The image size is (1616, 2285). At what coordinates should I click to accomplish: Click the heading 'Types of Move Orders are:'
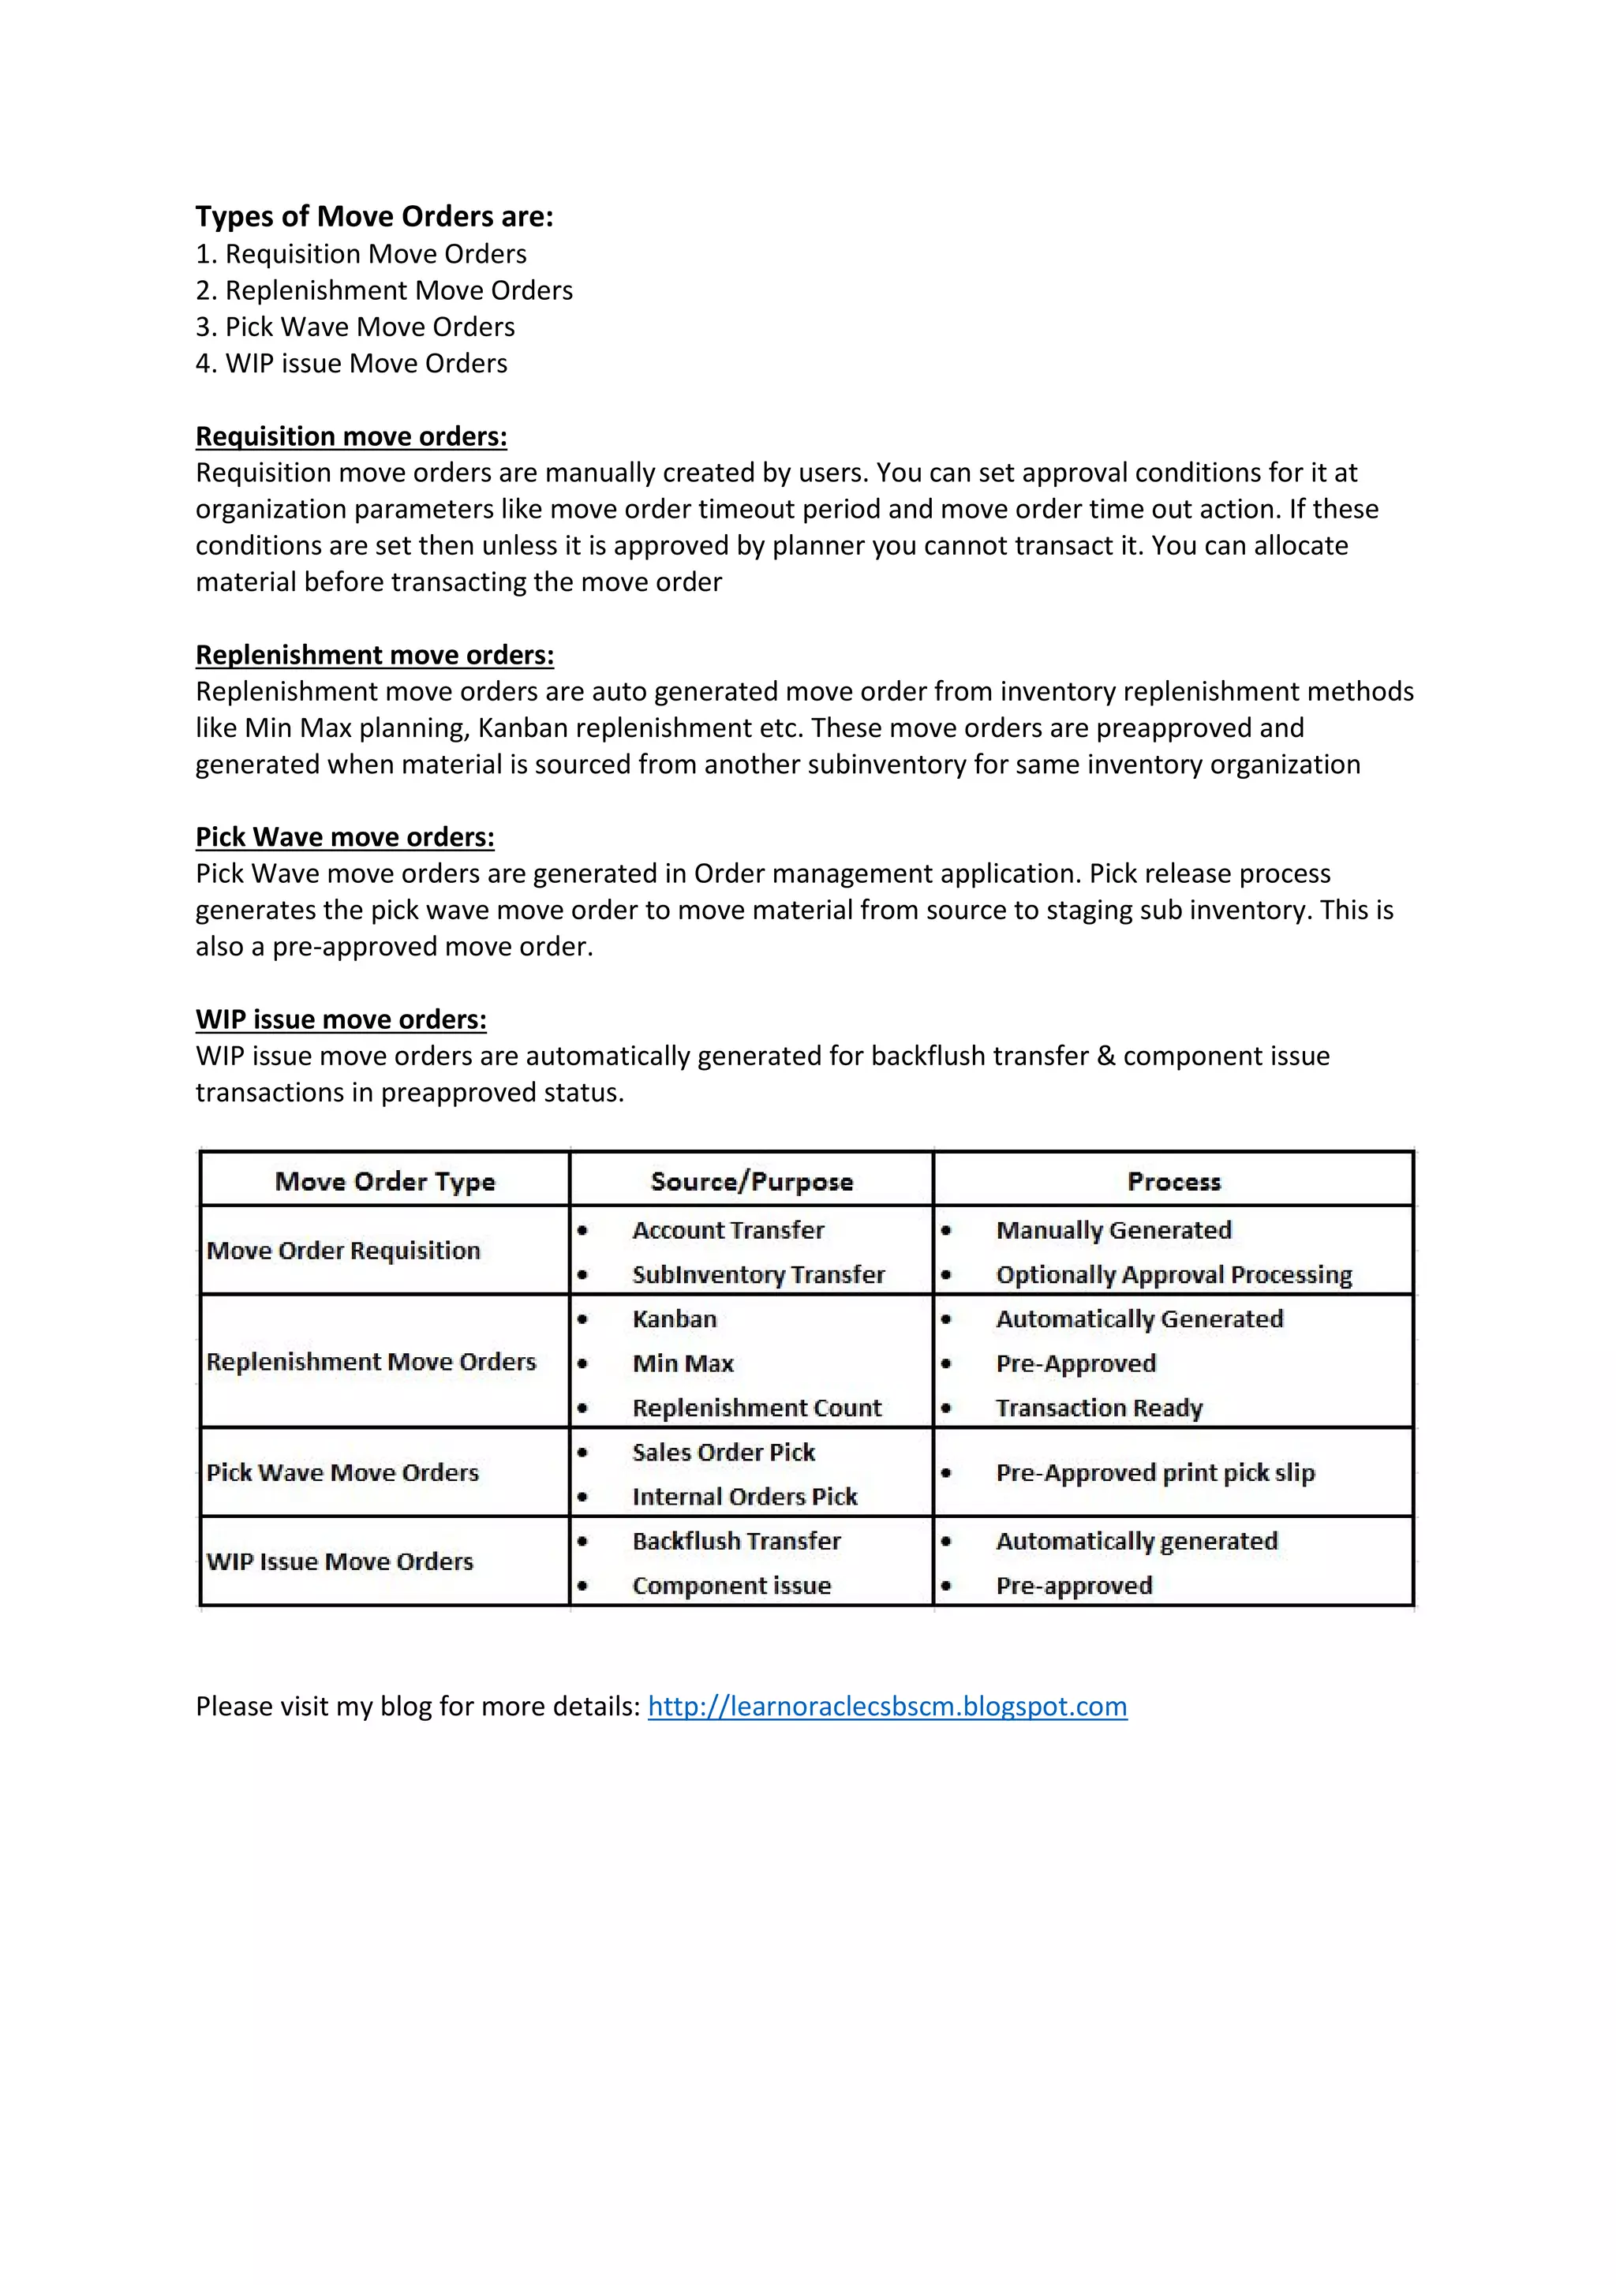374,217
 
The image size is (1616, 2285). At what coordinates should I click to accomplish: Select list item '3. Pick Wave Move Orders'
355,327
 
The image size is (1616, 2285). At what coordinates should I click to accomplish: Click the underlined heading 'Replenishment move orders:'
374,655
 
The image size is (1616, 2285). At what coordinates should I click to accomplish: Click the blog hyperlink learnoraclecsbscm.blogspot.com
887,1706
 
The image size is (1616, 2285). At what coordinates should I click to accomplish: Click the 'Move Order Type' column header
384,1181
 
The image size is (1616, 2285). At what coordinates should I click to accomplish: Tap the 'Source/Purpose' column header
751,1181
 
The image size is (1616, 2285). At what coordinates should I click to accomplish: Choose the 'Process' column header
1173,1181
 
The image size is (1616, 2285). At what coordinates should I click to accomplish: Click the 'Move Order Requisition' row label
343,1250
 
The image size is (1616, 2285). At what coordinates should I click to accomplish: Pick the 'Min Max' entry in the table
683,1363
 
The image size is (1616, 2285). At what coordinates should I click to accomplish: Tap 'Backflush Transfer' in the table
735,1541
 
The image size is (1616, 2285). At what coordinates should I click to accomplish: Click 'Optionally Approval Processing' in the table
1173,1275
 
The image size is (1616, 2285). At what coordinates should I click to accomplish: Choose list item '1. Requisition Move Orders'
361,254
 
